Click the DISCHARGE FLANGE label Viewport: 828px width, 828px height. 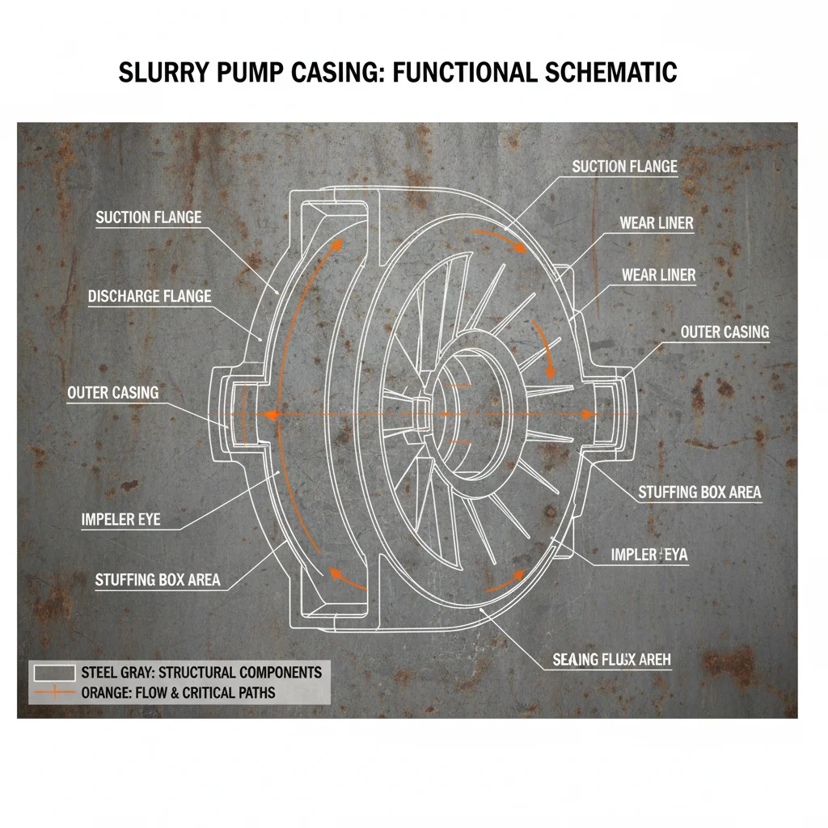(150, 297)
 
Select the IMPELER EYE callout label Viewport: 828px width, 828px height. (120, 520)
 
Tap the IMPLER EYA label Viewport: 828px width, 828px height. (649, 555)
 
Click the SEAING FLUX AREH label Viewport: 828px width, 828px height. (611, 660)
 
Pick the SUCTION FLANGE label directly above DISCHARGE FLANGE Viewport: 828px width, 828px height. (148, 217)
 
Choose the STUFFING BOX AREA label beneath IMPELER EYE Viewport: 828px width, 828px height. (158, 580)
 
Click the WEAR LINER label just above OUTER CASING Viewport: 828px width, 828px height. (658, 276)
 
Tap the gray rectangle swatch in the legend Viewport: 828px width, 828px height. (55, 673)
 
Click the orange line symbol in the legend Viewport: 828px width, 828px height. (55, 693)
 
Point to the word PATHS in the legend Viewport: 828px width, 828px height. (254, 693)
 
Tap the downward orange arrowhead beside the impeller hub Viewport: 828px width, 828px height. (551, 373)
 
